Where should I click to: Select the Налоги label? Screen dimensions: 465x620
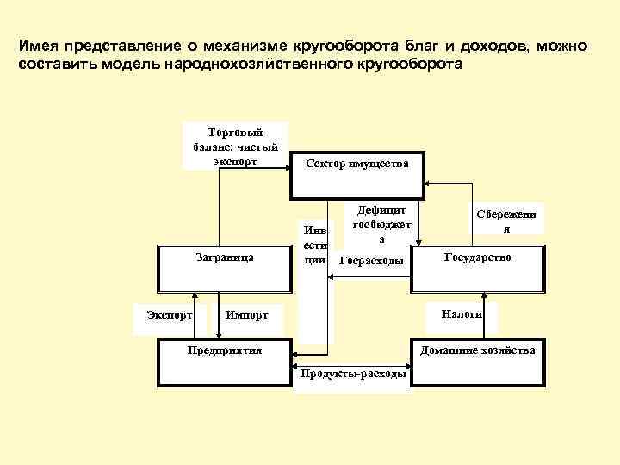click(x=462, y=314)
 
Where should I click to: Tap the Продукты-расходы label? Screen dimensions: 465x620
click(x=352, y=374)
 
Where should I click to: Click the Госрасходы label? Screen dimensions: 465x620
click(x=372, y=261)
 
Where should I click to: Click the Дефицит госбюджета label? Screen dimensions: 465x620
click(x=381, y=223)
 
